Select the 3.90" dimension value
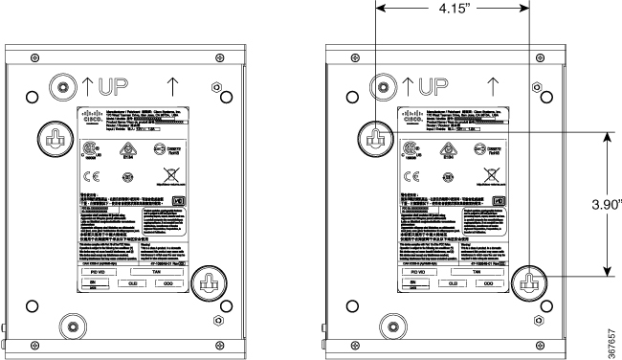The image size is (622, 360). click(x=605, y=204)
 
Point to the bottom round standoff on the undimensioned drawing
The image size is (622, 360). click(x=69, y=322)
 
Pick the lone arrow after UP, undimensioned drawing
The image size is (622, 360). click(x=174, y=86)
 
